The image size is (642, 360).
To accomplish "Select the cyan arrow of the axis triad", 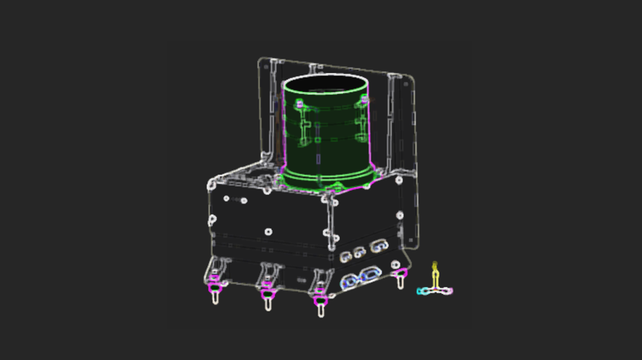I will [423, 291].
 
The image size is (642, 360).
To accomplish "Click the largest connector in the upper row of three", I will [380, 246].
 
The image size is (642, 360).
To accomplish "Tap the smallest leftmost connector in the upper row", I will [345, 257].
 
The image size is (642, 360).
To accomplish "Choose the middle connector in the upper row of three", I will [360, 252].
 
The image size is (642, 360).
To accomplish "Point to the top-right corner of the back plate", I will [411, 77].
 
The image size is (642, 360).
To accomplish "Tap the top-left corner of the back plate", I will [264, 62].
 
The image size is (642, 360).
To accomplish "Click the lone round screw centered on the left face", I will [269, 230].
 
